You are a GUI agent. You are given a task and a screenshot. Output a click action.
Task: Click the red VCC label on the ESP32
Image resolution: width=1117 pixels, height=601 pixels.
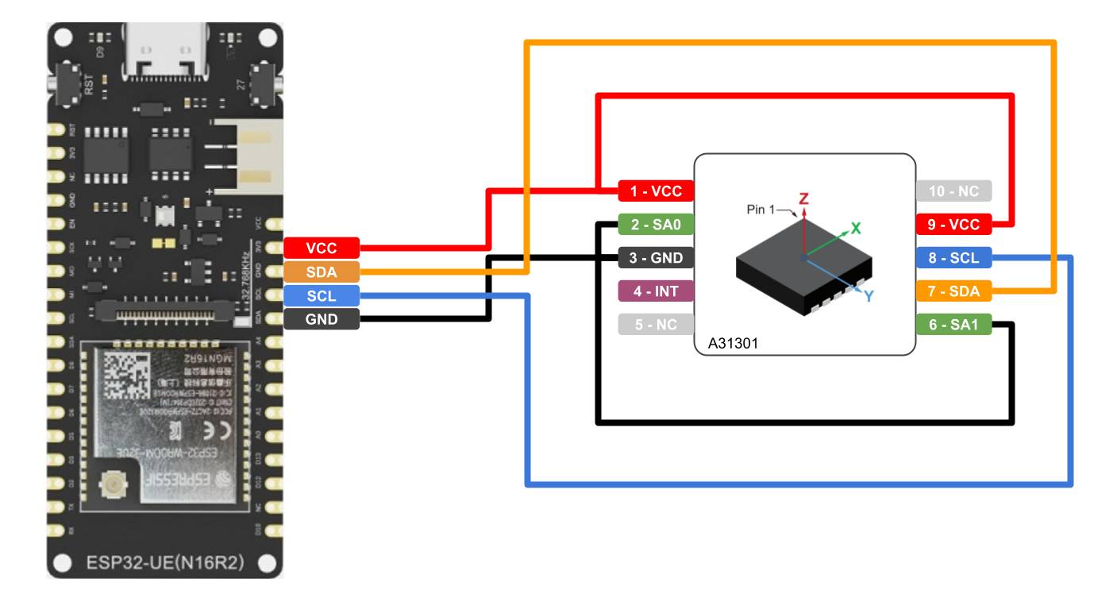322,248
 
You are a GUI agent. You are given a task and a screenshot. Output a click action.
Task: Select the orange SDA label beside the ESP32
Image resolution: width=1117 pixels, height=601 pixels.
322,272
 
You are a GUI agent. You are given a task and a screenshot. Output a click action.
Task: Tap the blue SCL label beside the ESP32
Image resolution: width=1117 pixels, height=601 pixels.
322,295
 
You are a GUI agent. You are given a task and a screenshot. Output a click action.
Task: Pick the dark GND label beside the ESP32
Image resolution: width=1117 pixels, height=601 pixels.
322,319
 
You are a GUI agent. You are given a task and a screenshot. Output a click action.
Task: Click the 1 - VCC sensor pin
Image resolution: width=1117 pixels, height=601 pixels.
656,191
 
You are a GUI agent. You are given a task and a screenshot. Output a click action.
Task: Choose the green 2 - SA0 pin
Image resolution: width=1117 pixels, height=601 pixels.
656,224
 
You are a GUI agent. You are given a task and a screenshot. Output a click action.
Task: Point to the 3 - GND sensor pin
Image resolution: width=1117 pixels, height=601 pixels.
656,258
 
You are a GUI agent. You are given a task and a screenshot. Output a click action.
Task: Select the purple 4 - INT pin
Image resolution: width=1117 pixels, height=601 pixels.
656,291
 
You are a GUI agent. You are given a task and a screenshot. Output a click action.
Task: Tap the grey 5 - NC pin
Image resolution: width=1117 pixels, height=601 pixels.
656,324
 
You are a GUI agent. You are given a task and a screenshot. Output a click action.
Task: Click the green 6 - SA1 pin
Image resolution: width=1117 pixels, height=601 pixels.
953,324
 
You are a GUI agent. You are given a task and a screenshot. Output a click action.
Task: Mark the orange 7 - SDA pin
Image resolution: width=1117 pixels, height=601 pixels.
953,291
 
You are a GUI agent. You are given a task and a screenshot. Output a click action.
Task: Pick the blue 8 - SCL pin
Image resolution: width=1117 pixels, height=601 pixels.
953,258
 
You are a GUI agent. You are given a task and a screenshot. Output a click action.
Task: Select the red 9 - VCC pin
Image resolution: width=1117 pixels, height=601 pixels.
953,224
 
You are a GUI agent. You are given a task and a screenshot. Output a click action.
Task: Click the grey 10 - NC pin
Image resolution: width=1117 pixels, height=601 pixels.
953,191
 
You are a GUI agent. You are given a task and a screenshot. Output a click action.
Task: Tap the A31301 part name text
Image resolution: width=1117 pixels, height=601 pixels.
734,345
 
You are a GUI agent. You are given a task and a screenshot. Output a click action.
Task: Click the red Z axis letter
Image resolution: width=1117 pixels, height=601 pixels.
803,198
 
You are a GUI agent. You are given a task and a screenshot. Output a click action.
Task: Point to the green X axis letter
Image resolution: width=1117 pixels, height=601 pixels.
856,228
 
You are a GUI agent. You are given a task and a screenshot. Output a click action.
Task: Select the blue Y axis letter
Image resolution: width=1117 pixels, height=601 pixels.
869,296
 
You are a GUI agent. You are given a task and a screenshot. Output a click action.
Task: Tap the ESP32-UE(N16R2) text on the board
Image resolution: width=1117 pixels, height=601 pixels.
164,563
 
